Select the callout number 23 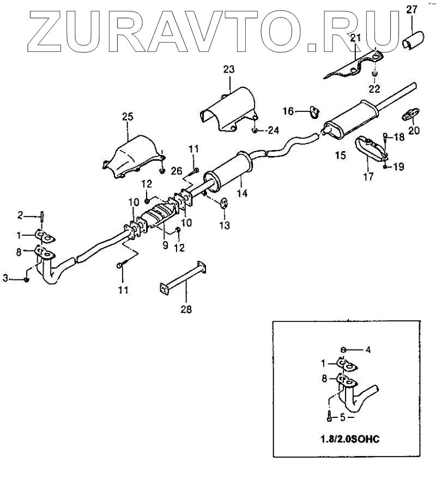click(228, 69)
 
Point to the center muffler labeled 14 click(229, 170)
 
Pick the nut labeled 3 click(26, 279)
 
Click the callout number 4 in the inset click(368, 350)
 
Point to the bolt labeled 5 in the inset click(329, 417)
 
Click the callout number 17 click(368, 176)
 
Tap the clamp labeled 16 click(314, 112)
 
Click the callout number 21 click(355, 38)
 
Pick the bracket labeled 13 click(224, 203)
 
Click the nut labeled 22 click(376, 73)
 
